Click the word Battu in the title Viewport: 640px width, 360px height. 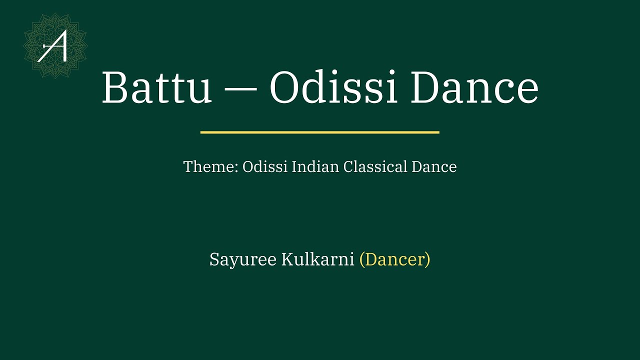pos(157,88)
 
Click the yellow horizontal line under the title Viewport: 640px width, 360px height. pos(319,132)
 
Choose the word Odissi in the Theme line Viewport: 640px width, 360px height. pos(264,167)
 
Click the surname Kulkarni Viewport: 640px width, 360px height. pos(317,260)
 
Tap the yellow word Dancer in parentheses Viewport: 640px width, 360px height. pos(394,260)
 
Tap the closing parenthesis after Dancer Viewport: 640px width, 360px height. pos(427,260)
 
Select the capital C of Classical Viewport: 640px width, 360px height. pos(348,167)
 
